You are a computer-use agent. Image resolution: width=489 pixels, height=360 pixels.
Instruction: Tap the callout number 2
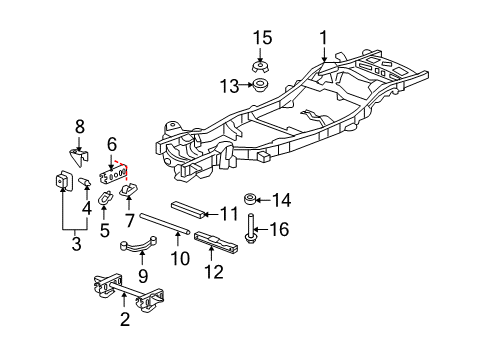(124, 319)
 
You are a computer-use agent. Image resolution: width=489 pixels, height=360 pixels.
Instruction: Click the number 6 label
(113, 144)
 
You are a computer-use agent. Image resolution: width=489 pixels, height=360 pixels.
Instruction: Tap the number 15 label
(262, 38)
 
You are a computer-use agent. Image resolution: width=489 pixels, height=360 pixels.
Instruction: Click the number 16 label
(279, 230)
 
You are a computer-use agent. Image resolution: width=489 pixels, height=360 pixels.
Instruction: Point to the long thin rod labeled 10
(176, 221)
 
